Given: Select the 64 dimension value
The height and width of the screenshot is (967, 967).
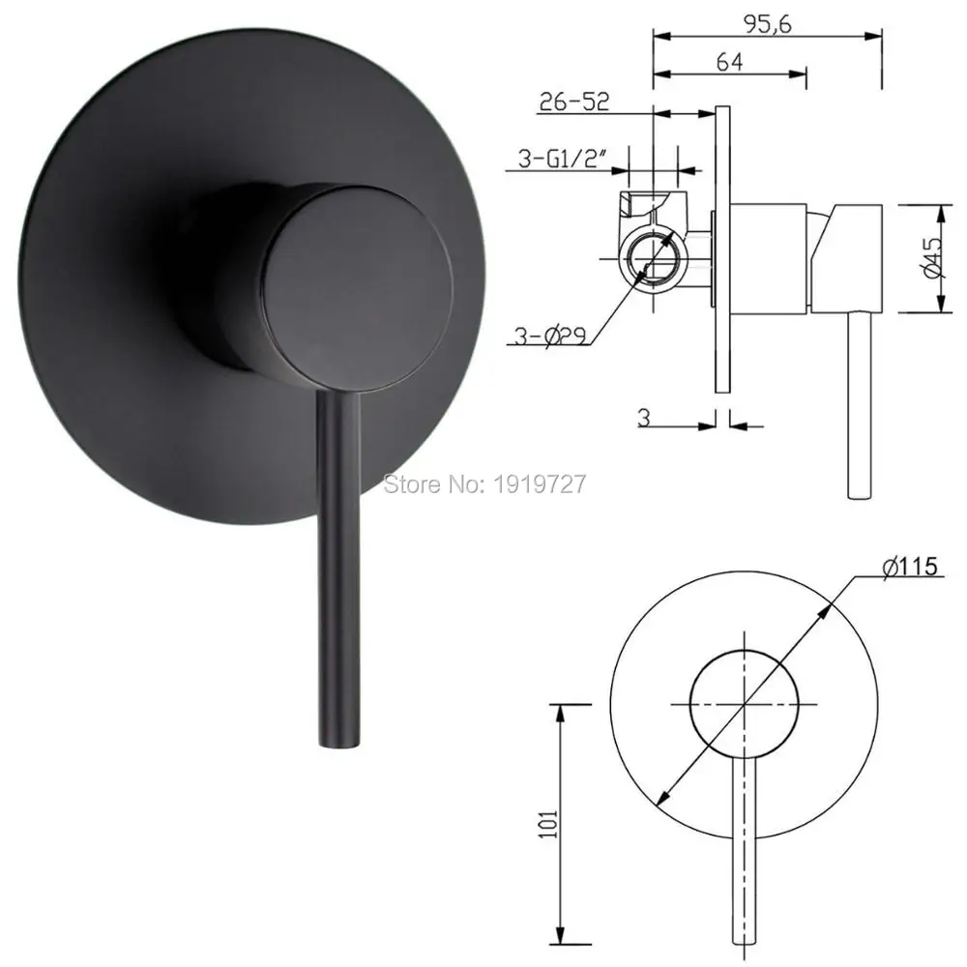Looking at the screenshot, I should coord(730,63).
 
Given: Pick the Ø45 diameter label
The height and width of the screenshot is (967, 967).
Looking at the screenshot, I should coord(933,258).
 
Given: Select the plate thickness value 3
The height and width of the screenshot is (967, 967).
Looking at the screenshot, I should coord(642,418).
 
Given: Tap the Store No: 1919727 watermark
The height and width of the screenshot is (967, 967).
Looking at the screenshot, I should coord(484,483).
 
